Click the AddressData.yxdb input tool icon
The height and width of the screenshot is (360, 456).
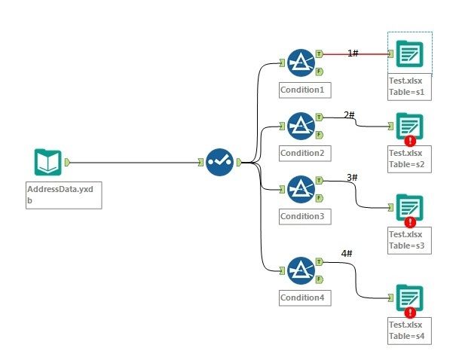47,162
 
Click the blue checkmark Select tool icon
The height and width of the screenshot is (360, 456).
220,162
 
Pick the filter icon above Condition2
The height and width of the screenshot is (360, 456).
301,124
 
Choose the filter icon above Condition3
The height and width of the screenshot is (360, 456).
301,188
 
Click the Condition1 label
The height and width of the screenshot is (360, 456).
302,90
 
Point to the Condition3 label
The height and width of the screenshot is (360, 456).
302,216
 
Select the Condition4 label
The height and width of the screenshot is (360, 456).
302,297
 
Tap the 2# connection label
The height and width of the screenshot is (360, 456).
350,115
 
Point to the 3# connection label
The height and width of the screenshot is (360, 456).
352,178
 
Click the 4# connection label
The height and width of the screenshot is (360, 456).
347,255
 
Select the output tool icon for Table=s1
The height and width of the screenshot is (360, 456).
410,53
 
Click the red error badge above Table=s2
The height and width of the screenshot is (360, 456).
410,140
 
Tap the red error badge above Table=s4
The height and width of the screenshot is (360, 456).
410,312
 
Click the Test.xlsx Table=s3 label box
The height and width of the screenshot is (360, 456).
409,240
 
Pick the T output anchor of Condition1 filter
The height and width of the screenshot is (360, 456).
320,54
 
